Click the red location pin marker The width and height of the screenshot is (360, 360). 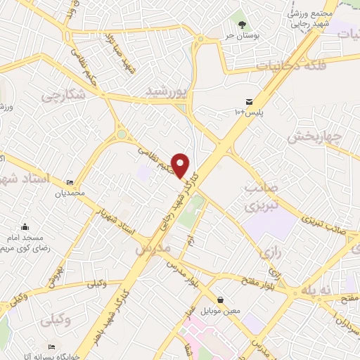[x=181, y=165]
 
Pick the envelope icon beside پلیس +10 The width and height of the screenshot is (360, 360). [x=250, y=101]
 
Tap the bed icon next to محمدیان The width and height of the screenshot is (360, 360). [x=70, y=181]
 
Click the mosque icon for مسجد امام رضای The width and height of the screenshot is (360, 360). [x=25, y=226]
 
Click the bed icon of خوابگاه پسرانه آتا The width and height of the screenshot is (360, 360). [x=51, y=347]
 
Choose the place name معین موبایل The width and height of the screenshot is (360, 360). [x=221, y=310]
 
